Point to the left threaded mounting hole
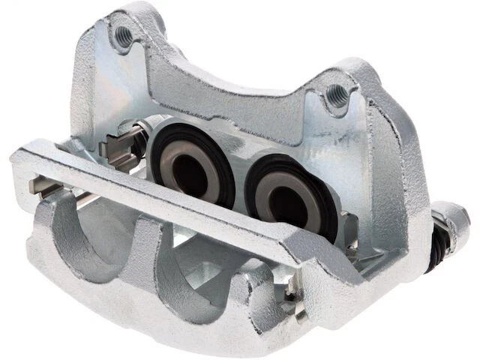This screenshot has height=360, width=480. (x=123, y=35)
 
